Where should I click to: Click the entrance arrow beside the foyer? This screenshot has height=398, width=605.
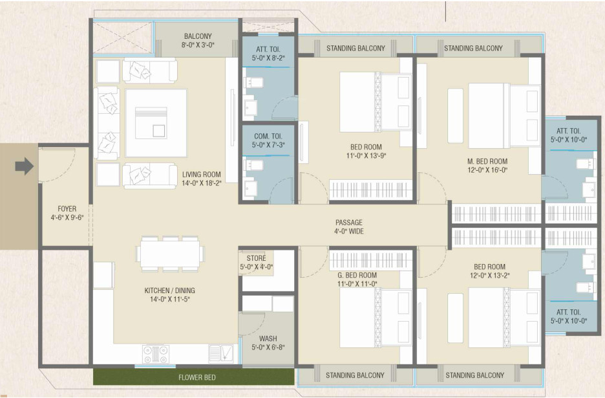click(25, 166)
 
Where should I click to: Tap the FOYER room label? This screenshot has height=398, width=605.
click(67, 208)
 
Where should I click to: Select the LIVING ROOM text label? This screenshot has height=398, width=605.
click(202, 174)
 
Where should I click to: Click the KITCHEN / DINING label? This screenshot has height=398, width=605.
click(170, 290)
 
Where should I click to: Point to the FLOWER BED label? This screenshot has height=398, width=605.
click(196, 377)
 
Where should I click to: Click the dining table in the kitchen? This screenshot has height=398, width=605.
click(170, 253)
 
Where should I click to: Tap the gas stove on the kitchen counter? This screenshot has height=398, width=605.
click(156, 354)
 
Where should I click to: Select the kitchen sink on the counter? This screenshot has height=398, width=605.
click(221, 353)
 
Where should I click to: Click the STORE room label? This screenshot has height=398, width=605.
click(256, 258)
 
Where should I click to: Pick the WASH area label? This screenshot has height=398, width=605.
click(268, 338)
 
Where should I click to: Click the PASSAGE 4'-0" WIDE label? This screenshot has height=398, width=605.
click(349, 227)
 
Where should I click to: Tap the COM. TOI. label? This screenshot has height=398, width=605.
click(268, 136)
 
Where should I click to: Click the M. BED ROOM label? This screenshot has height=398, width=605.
click(487, 161)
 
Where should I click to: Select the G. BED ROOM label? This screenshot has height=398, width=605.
click(357, 275)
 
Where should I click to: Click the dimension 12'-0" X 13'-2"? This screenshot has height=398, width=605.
click(490, 276)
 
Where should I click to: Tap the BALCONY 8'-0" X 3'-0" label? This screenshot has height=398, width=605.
click(198, 40)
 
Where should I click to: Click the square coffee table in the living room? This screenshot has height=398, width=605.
click(156, 123)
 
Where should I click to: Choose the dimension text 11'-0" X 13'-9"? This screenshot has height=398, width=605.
click(366, 155)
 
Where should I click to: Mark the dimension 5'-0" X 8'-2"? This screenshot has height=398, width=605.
click(268, 58)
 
